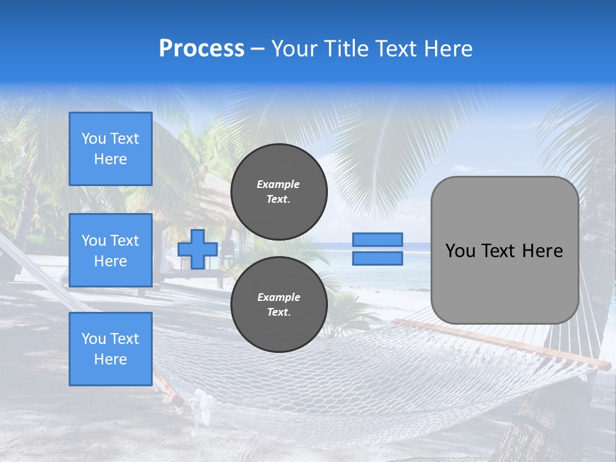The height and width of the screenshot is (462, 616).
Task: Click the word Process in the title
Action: pyautogui.click(x=201, y=49)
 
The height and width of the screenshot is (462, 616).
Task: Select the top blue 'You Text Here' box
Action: pyautogui.click(x=110, y=149)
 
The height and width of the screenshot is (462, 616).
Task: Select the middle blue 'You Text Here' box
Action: pyautogui.click(x=110, y=250)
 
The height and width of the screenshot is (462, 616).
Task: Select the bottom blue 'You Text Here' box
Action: pyautogui.click(x=110, y=348)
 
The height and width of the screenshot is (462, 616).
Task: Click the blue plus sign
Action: pyautogui.click(x=198, y=250)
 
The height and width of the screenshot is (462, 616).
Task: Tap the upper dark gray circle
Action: pyautogui.click(x=278, y=192)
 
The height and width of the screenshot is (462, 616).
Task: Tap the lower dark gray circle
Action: pyautogui.click(x=278, y=305)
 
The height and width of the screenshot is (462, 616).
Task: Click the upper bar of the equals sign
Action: pyautogui.click(x=377, y=240)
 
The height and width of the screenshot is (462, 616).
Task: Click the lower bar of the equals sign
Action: pyautogui.click(x=377, y=258)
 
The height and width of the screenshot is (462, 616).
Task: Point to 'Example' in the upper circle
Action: pyautogui.click(x=278, y=184)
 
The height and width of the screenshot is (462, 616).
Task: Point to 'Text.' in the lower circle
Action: pyautogui.click(x=278, y=312)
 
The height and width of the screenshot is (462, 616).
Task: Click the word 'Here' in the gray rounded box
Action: pyautogui.click(x=542, y=251)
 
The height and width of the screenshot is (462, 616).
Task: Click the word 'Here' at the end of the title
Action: pyautogui.click(x=449, y=49)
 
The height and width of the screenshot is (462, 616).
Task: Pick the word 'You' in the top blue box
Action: pyautogui.click(x=94, y=139)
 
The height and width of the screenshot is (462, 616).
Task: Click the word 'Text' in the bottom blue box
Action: pyautogui.click(x=124, y=339)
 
